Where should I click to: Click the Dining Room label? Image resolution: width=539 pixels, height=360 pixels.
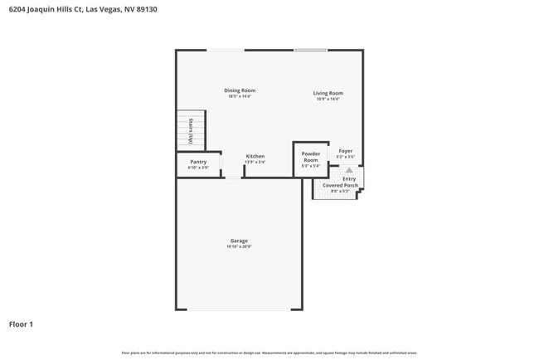(x=240, y=90)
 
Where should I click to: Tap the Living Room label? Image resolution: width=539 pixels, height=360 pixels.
(x=328, y=93)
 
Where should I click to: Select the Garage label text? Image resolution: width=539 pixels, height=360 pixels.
(x=239, y=241)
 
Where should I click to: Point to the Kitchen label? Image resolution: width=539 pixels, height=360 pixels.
(x=255, y=157)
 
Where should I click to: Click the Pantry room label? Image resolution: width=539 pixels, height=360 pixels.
(x=198, y=162)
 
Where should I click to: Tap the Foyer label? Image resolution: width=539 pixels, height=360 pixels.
(x=346, y=151)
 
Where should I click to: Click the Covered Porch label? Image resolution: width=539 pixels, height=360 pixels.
(x=340, y=185)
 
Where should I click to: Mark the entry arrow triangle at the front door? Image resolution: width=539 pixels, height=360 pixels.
(x=349, y=170)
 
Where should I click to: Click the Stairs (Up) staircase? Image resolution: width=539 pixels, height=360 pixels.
(x=190, y=130)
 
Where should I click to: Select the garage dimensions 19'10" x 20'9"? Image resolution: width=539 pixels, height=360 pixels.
(x=239, y=246)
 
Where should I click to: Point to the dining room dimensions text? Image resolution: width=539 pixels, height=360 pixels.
(x=240, y=96)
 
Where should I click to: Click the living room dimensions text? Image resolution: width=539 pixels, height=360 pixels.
(x=328, y=99)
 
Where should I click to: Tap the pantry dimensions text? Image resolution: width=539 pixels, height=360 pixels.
(x=198, y=168)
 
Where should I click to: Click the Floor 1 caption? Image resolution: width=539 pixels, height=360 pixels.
(x=21, y=324)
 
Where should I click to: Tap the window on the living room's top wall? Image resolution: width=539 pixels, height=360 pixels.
(x=311, y=51)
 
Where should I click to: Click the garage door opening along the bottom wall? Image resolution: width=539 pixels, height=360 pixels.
(x=239, y=309)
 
